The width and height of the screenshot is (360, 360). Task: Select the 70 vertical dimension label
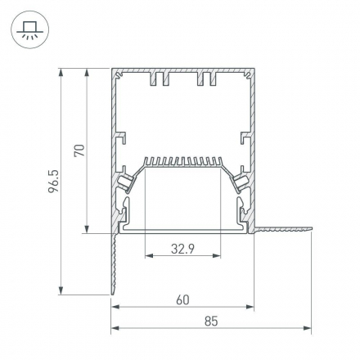79,150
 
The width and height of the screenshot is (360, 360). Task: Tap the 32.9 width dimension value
183,249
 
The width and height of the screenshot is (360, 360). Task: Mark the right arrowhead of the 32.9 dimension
218,256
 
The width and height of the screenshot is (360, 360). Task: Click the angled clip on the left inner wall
127,182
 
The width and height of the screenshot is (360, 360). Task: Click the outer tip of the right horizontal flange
312,232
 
